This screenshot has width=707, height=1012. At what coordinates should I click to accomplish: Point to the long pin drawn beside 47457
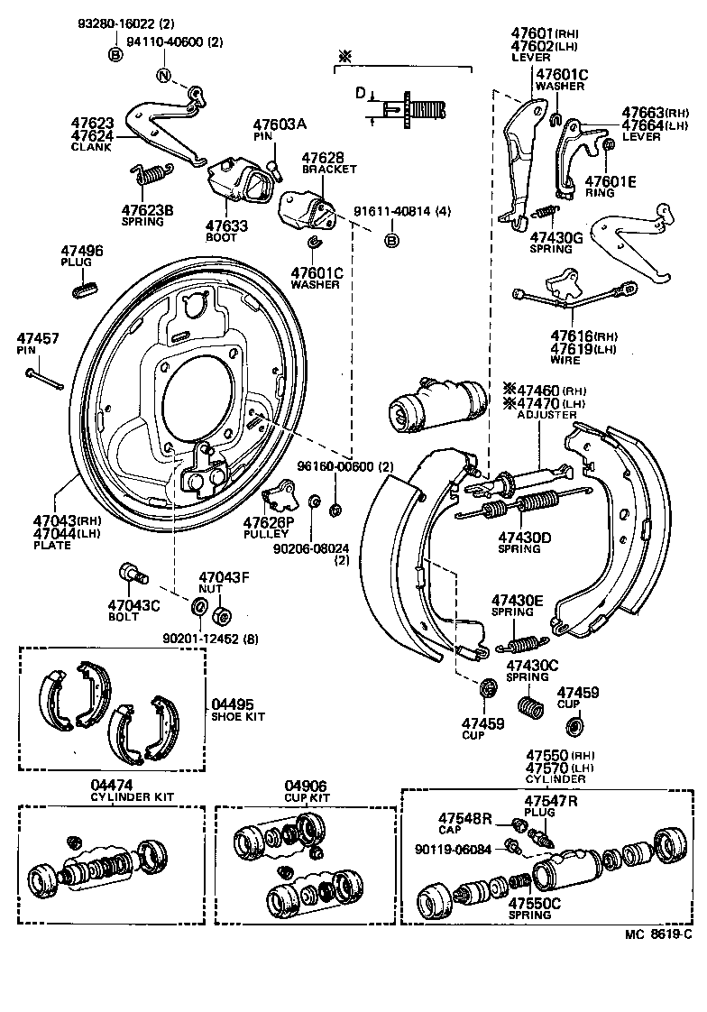click(x=43, y=377)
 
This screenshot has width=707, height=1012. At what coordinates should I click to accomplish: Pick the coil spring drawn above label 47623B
click(x=151, y=173)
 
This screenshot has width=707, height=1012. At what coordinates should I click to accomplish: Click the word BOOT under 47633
click(x=221, y=237)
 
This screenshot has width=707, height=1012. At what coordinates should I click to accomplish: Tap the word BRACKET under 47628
click(x=329, y=169)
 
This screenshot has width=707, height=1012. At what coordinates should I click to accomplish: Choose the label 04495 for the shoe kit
click(x=233, y=704)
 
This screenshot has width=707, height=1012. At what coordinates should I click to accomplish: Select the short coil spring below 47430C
click(x=530, y=704)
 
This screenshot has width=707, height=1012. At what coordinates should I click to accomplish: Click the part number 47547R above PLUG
click(x=552, y=800)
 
